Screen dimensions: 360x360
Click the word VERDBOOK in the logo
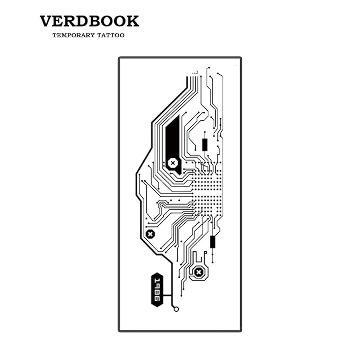(x=89, y=21)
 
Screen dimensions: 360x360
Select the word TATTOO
(x=111, y=36)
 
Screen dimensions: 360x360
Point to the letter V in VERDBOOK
(x=47, y=21)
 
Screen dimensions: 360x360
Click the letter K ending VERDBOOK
(x=133, y=21)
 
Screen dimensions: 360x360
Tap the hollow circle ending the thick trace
(x=177, y=309)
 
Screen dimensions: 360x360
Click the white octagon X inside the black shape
(x=173, y=163)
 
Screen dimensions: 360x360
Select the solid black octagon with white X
(x=151, y=234)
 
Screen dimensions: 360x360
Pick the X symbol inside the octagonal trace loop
(x=198, y=273)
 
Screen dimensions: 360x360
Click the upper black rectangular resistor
(x=205, y=145)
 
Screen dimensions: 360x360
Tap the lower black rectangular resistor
(x=213, y=242)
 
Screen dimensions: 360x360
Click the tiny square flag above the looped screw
(x=206, y=252)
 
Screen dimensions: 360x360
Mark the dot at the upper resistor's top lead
(x=205, y=132)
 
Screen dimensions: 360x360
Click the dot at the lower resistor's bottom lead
(x=213, y=262)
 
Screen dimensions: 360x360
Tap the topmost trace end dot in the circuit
(x=209, y=68)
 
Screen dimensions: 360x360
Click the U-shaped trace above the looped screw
(x=197, y=258)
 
